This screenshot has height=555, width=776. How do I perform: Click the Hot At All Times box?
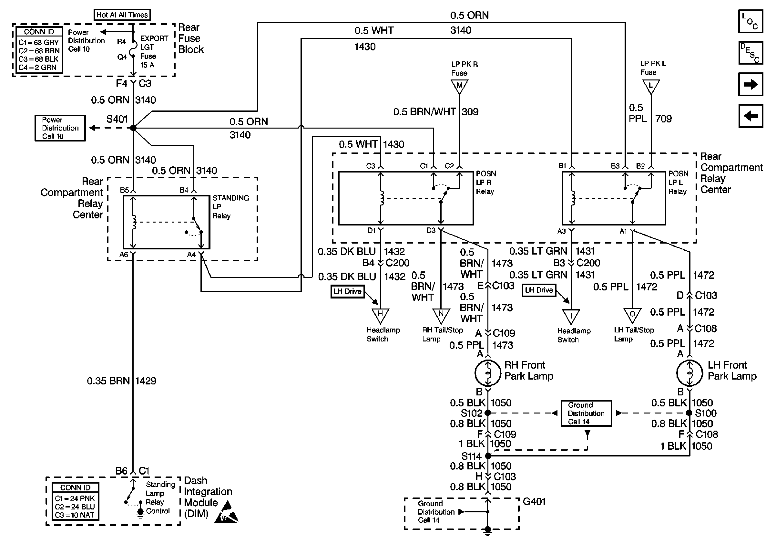coord(122,15)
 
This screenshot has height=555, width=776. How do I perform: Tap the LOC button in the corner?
coord(750,21)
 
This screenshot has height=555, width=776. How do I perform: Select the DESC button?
coord(750,53)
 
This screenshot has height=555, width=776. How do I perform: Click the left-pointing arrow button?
coord(750,116)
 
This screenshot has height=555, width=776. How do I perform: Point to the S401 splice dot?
coord(133,128)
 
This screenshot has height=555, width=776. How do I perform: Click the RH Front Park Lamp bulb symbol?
coord(488,373)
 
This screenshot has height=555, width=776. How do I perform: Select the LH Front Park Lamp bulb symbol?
coord(689,373)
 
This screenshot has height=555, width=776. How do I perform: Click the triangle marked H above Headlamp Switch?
coord(380,315)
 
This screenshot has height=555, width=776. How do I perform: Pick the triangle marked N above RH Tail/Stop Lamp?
coord(441,315)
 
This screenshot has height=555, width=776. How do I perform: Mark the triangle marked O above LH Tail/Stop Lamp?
coord(632,315)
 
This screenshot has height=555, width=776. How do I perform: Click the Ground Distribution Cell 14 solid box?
coord(586,413)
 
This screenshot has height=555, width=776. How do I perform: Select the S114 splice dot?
coord(488,456)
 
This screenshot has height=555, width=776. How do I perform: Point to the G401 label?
coord(534,502)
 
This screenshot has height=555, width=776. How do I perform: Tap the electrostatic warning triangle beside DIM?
coord(226,513)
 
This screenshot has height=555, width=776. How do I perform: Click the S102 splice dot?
coord(488,413)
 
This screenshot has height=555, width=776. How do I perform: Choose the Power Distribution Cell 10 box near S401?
coord(60,128)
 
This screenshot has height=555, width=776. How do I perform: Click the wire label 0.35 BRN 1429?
coord(122,381)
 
